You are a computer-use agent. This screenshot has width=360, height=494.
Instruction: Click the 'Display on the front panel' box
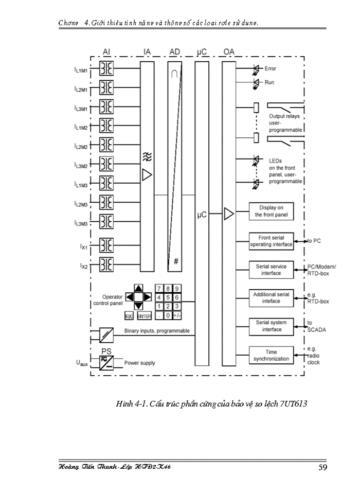click(271, 211)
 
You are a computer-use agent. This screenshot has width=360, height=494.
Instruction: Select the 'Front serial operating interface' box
click(271, 241)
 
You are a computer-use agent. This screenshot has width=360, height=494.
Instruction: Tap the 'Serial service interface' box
click(271, 270)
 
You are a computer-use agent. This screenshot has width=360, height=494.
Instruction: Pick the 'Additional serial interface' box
click(271, 297)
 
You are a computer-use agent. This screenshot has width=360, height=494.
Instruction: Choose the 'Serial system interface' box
click(271, 326)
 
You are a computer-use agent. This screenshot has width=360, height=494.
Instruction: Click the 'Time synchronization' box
click(271, 355)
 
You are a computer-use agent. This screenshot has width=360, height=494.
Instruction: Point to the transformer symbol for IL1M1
click(106, 69)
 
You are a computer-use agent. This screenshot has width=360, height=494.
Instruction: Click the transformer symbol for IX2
click(106, 265)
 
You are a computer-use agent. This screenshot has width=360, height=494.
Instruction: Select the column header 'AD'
click(174, 52)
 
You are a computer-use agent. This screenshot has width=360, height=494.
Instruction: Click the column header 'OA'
click(229, 52)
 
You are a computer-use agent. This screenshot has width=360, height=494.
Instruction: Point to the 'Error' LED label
click(270, 68)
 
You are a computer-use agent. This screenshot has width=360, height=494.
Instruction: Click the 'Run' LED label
click(269, 82)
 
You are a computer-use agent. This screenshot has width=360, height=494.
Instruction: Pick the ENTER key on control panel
click(144, 316)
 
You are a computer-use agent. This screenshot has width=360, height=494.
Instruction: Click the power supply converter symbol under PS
click(106, 363)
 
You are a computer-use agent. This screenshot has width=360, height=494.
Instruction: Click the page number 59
click(322, 467)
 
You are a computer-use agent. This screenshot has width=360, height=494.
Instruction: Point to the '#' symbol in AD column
click(175, 262)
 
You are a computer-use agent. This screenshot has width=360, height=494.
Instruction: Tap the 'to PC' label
click(314, 240)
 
